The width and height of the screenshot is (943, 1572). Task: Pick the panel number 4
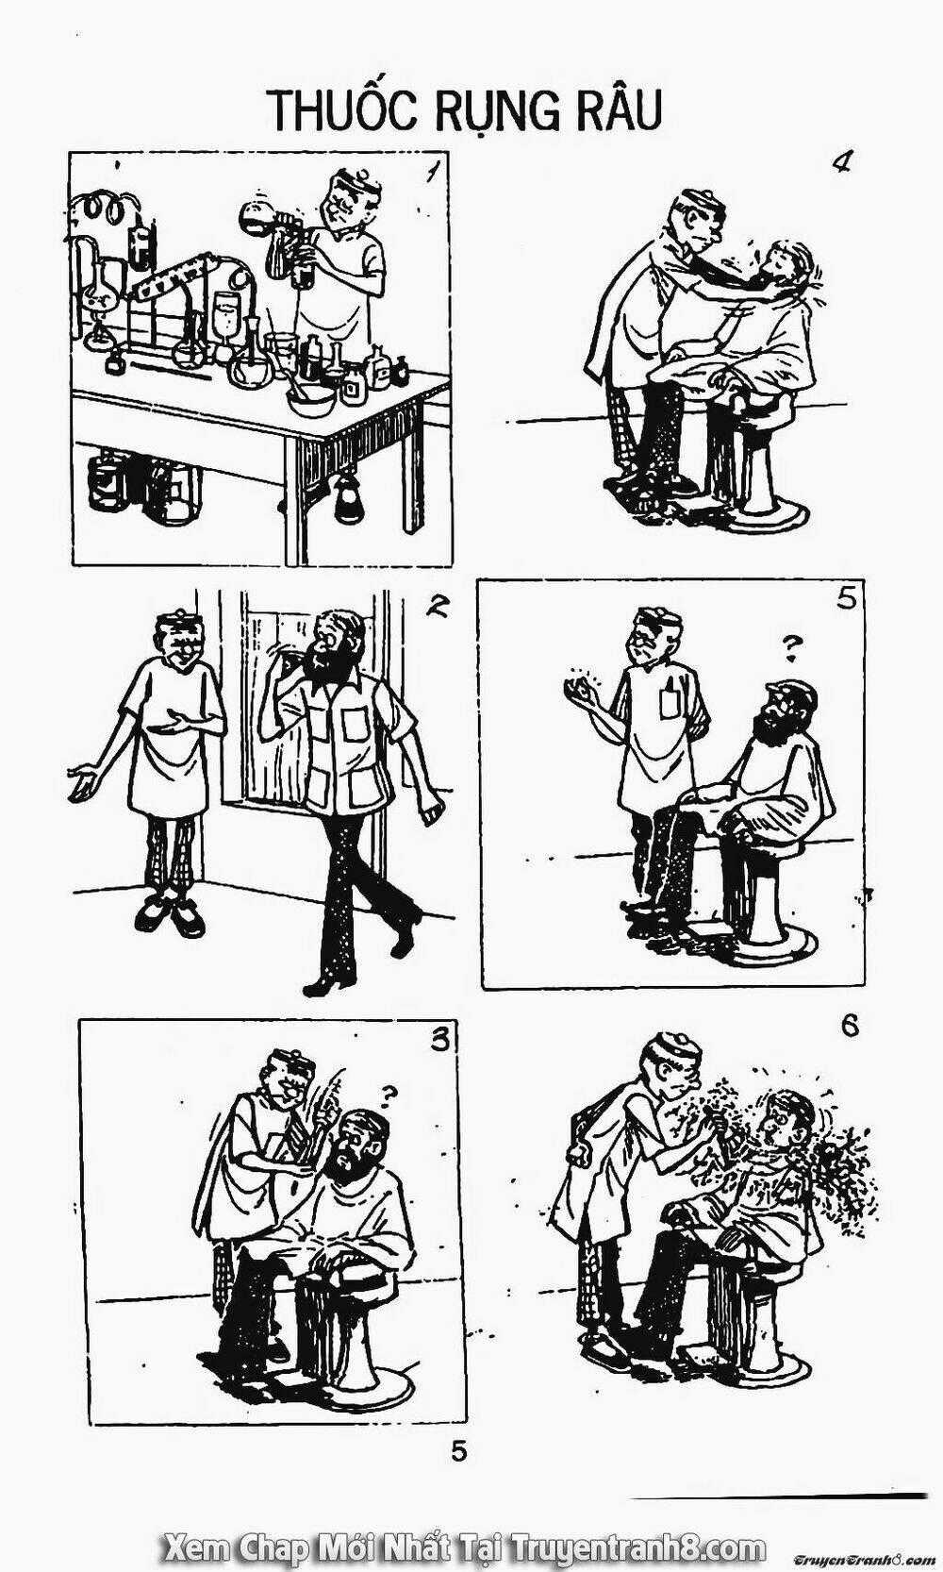pos(840,163)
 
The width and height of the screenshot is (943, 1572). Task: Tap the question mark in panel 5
pos(791,648)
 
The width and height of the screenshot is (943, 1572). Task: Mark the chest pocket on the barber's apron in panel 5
pos(670,697)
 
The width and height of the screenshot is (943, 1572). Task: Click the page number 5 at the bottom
pos(458,1451)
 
